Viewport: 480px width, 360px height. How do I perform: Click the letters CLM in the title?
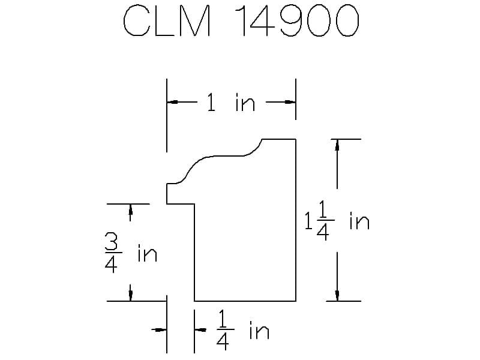(x=167, y=21)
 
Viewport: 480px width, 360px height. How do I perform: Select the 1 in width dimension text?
(x=231, y=102)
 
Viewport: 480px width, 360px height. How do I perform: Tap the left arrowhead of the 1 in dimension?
(x=172, y=102)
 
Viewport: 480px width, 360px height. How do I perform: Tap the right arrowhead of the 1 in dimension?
(x=290, y=102)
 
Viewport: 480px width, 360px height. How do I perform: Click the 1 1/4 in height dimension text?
(x=337, y=220)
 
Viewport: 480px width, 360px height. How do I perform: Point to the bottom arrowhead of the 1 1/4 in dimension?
(x=337, y=295)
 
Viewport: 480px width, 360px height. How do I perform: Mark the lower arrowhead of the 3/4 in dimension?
(x=130, y=295)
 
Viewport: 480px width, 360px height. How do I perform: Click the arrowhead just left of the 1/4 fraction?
(x=200, y=329)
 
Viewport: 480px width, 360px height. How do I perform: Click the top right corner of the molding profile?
(x=296, y=139)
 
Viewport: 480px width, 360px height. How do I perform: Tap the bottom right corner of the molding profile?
(x=296, y=301)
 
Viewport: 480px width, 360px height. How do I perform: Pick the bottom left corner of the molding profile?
(x=194, y=301)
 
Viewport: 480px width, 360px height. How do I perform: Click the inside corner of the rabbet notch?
(x=194, y=204)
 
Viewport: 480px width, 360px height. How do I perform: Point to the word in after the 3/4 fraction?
(x=147, y=253)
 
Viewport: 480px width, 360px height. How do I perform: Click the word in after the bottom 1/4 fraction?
(x=259, y=330)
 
